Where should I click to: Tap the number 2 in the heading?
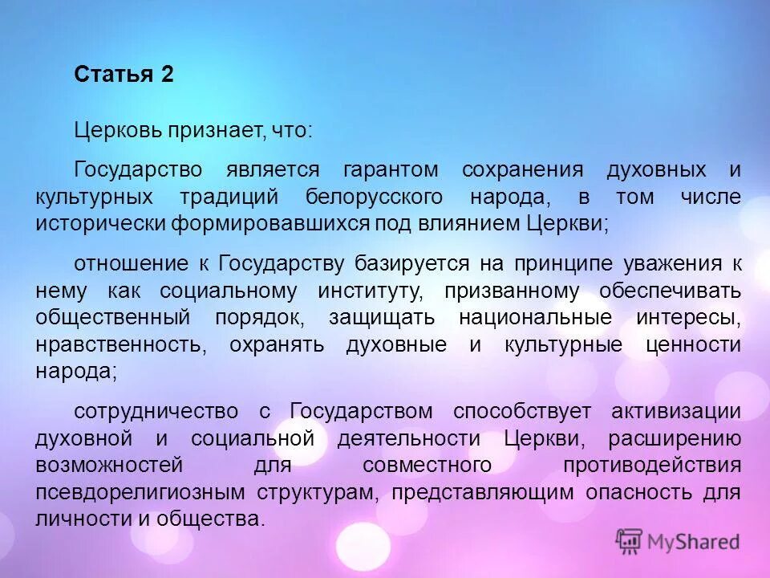tap(167, 75)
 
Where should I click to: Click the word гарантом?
tap(391, 170)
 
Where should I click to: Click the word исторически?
tap(100, 223)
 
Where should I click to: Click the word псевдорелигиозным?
tap(141, 492)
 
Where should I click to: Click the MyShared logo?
tap(678, 542)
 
